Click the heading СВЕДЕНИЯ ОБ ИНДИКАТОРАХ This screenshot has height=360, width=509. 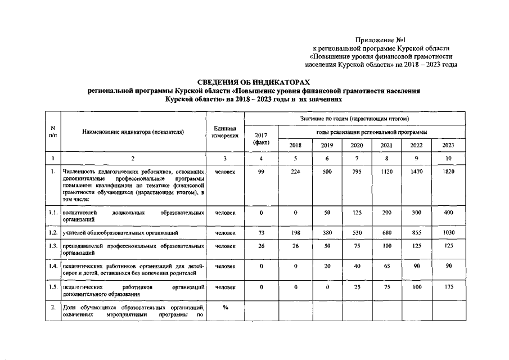pyautogui.click(x=255, y=83)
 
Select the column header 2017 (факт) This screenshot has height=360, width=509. pyautogui.click(x=261, y=138)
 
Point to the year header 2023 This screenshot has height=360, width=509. pyautogui.click(x=448, y=146)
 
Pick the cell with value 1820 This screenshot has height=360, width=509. pyautogui.click(x=448, y=171)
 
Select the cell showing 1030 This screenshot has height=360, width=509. pyautogui.click(x=448, y=232)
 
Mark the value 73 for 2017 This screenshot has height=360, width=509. pyautogui.click(x=261, y=232)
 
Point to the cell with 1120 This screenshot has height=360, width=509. pyautogui.click(x=386, y=171)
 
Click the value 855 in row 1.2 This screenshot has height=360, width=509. pyautogui.click(x=417, y=232)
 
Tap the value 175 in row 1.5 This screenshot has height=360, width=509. pyautogui.click(x=448, y=287)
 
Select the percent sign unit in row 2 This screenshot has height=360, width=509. pyautogui.click(x=225, y=308)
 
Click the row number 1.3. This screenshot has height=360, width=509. pyautogui.click(x=52, y=246)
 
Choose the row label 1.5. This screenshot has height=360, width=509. pyautogui.click(x=52, y=287)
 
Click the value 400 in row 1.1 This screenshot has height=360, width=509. pyautogui.click(x=448, y=213)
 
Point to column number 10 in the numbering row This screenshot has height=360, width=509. pyautogui.click(x=448, y=159)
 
